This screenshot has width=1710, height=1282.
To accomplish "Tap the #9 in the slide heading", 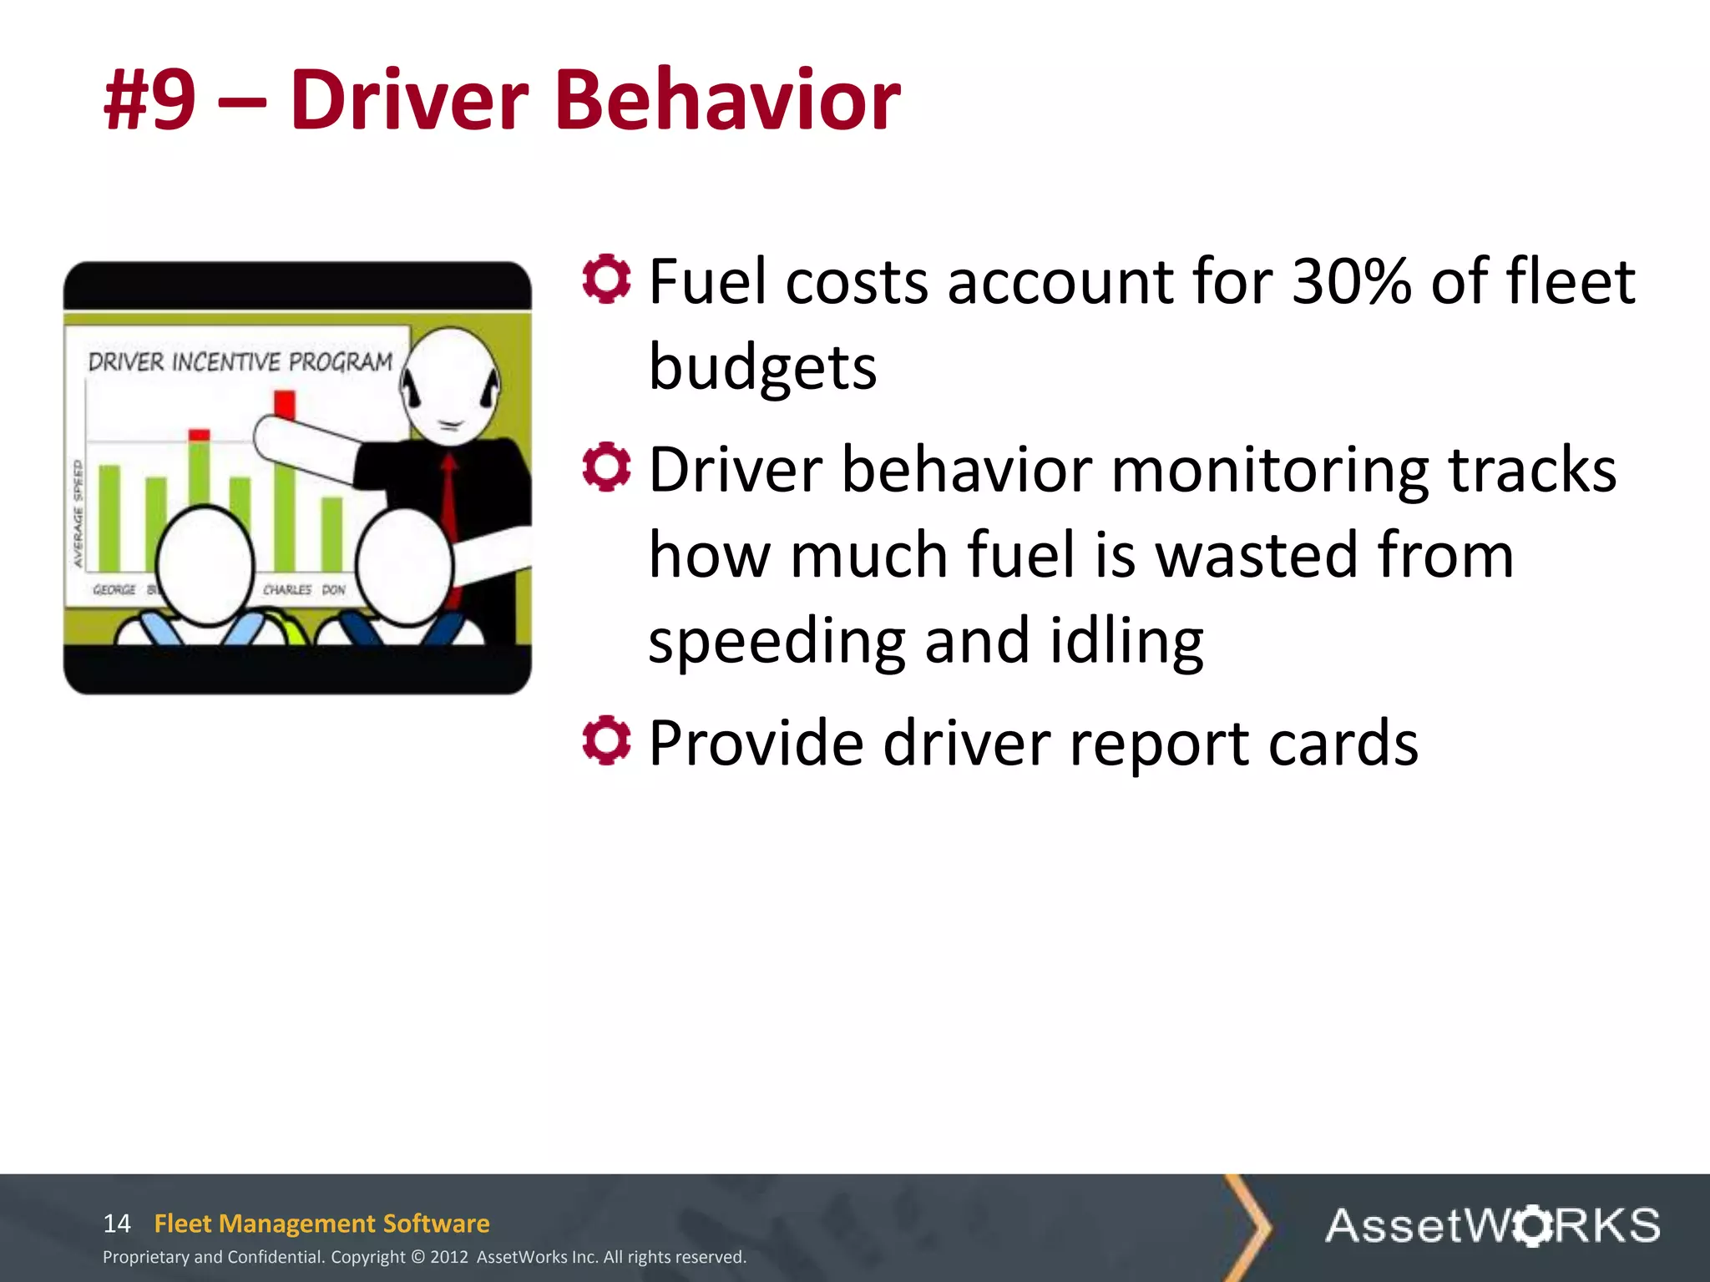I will tap(150, 100).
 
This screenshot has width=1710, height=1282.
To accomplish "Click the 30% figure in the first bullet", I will tap(1351, 281).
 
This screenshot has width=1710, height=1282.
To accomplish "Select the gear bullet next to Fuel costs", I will tap(606, 279).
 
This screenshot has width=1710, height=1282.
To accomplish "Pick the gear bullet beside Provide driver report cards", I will tap(606, 739).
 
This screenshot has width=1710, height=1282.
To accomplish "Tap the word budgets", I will tap(762, 367).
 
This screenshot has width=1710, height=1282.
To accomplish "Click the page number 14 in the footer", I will tap(117, 1224).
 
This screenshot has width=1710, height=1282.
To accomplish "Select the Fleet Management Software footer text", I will tap(321, 1224).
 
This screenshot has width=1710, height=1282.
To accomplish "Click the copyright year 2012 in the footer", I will tap(449, 1257).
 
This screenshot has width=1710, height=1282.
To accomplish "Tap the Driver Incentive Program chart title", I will tap(240, 362).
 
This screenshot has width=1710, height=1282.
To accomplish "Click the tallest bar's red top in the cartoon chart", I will tap(285, 404).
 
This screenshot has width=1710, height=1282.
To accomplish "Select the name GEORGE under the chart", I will tap(114, 589).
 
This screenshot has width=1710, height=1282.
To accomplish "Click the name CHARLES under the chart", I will tap(287, 589).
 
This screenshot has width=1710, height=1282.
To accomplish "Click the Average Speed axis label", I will tap(78, 513).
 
